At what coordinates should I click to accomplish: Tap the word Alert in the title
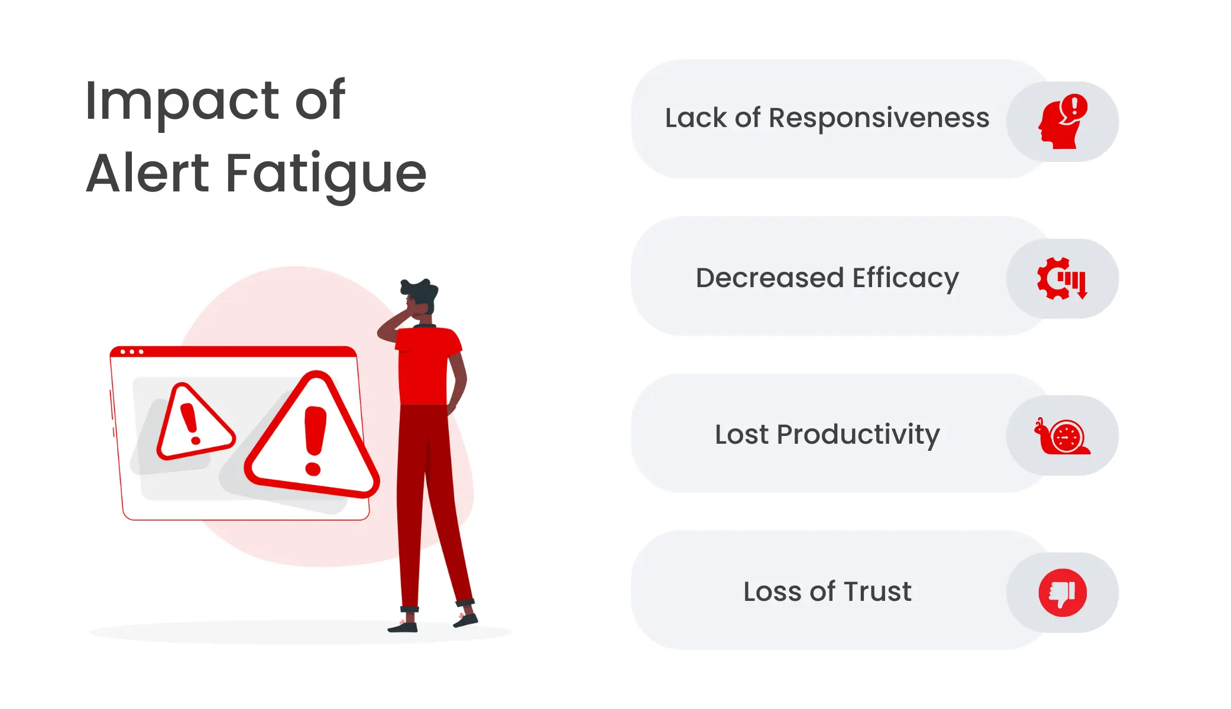click(x=148, y=174)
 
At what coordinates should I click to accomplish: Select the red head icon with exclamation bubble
click(x=1062, y=122)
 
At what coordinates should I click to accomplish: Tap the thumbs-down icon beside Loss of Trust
click(x=1062, y=593)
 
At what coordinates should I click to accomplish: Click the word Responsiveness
click(x=879, y=118)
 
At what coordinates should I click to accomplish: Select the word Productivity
click(x=858, y=435)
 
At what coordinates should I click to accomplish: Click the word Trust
click(x=877, y=591)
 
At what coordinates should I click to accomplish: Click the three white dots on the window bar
click(x=132, y=352)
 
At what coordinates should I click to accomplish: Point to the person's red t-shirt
click(x=426, y=366)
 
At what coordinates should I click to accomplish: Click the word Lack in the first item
click(x=696, y=118)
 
